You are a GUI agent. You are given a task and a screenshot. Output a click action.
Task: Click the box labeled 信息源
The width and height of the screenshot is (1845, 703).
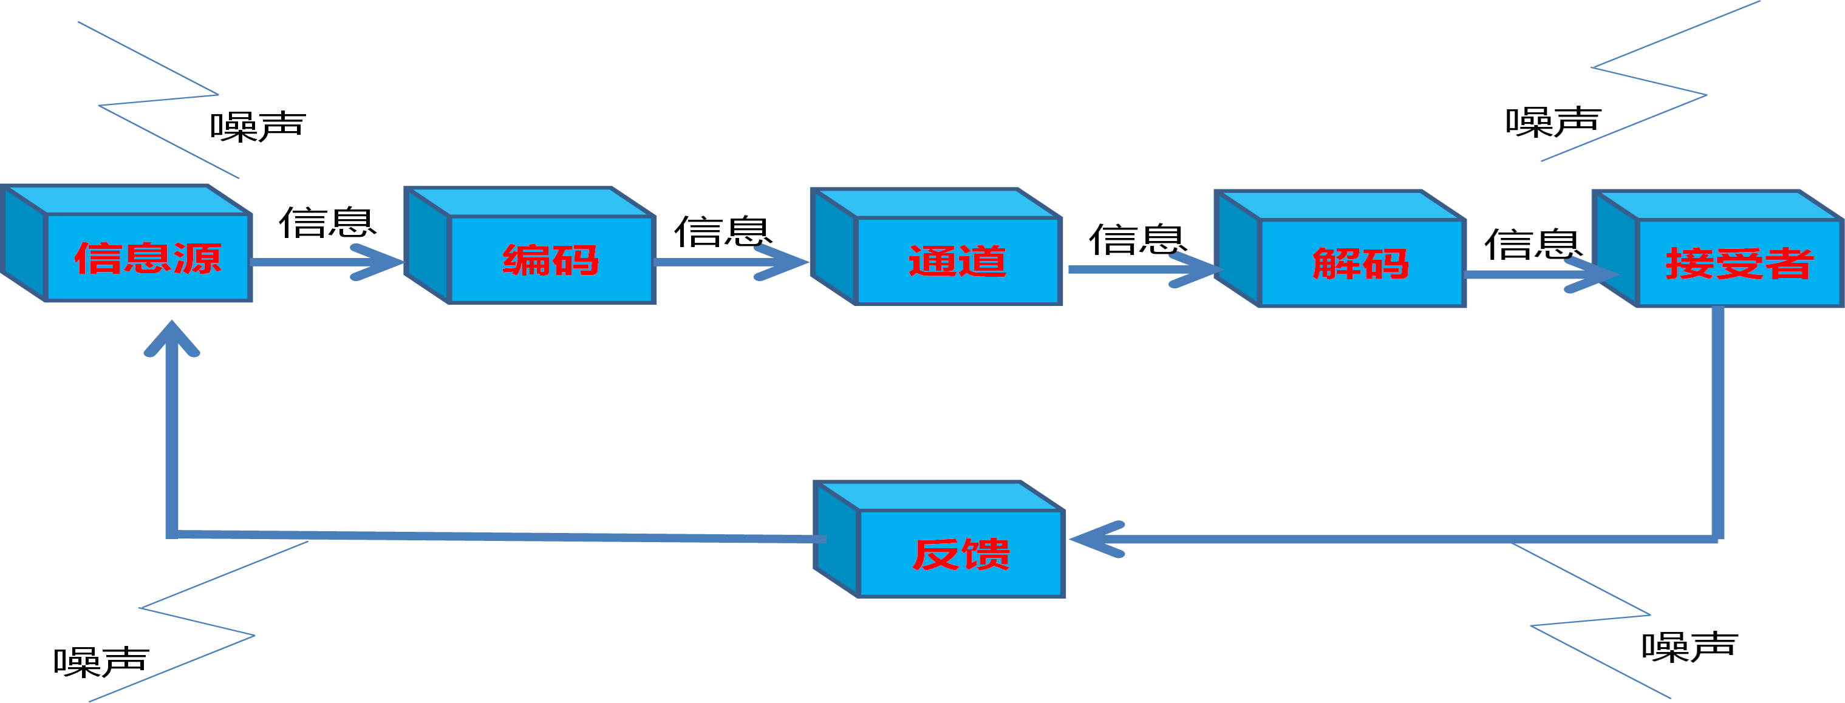(x=147, y=258)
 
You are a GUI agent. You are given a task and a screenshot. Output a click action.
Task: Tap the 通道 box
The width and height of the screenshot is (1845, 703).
(x=958, y=261)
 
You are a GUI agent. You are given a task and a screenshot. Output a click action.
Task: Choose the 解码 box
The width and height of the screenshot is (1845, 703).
(x=1361, y=263)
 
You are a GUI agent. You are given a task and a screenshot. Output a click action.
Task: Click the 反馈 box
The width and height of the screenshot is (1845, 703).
(x=960, y=554)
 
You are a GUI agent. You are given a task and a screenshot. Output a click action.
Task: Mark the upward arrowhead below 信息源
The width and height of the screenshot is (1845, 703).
(x=172, y=340)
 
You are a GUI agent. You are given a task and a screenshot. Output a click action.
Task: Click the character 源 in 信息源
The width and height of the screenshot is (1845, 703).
(x=198, y=258)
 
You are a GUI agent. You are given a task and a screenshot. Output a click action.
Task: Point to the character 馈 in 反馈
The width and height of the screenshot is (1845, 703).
(x=986, y=554)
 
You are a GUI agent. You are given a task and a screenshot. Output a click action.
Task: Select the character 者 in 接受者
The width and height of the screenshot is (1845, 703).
(x=1789, y=263)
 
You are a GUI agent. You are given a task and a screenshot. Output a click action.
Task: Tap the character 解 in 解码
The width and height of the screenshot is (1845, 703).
(x=1335, y=263)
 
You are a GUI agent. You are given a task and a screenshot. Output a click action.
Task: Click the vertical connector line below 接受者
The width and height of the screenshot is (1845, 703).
(x=1717, y=423)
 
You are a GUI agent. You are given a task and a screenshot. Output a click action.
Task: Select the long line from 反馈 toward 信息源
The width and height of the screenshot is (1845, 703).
(x=502, y=535)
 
